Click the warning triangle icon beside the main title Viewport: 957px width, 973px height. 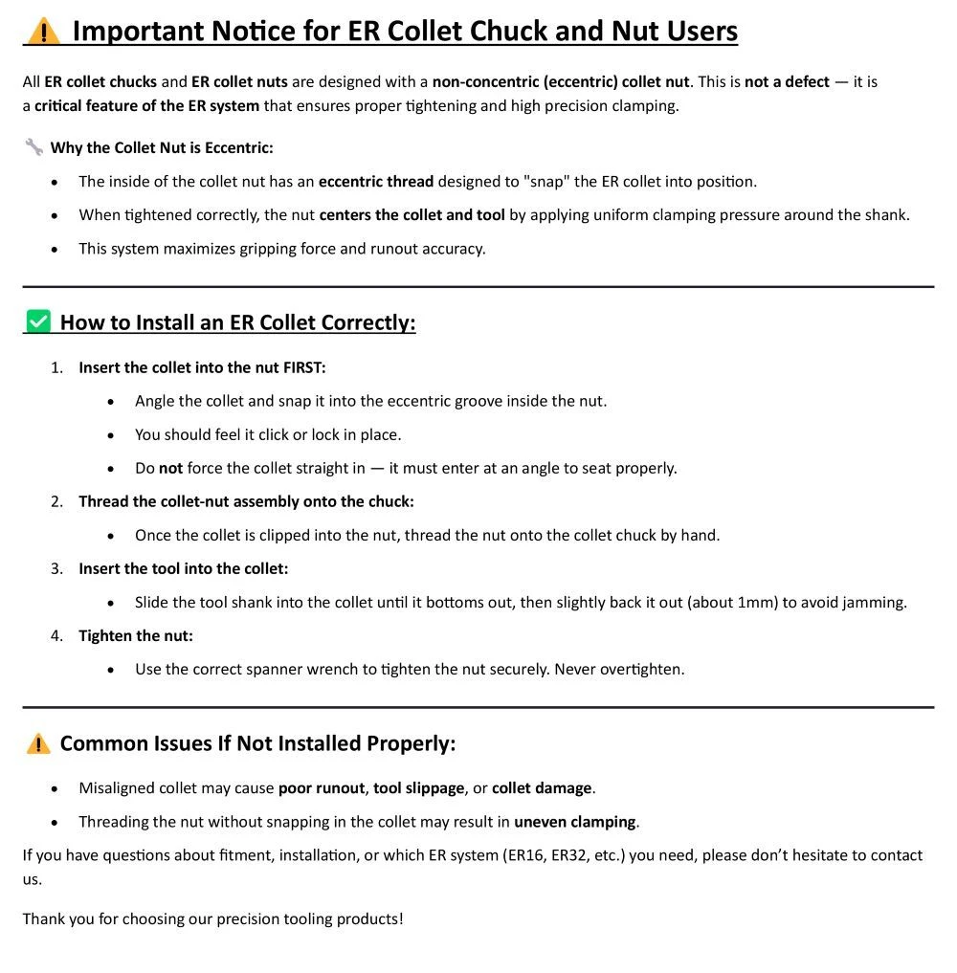(43, 31)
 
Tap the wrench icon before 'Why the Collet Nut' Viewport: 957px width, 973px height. (33, 147)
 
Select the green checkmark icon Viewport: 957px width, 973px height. (38, 322)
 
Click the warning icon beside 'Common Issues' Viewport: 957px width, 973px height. (38, 743)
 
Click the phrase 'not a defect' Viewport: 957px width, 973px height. (787, 81)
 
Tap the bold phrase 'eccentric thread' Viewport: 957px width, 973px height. (376, 181)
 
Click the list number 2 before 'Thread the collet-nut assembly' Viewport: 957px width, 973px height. (56, 501)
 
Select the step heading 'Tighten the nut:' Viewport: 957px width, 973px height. (136, 635)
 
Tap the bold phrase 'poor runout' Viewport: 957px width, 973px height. (322, 788)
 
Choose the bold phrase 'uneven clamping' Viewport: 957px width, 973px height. (574, 822)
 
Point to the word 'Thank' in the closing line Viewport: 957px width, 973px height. (44, 918)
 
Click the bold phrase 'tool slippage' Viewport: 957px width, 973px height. (419, 788)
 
